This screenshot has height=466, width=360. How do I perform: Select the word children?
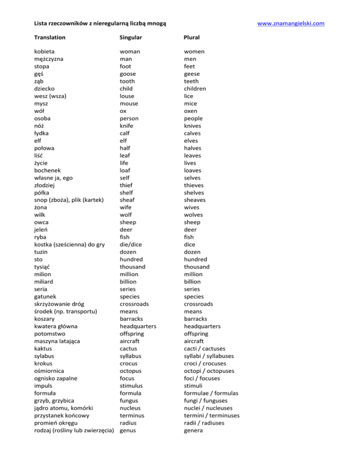[x=198, y=89]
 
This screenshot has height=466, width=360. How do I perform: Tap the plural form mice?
[x=191, y=104]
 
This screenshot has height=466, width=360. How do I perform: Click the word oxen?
[x=192, y=111]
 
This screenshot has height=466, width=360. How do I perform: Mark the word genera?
[x=194, y=430]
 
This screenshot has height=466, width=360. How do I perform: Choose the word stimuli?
[x=194, y=385]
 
